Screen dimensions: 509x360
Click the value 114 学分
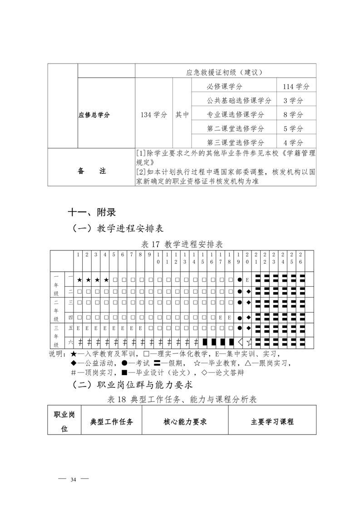(x=296, y=87)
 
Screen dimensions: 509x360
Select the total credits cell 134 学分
(x=154, y=115)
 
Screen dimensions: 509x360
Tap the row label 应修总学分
(x=94, y=115)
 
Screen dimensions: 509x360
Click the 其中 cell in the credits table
(x=182, y=115)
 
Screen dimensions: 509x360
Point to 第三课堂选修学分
(x=235, y=142)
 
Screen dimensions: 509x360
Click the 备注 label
(x=91, y=171)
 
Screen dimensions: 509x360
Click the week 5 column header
(x=114, y=254)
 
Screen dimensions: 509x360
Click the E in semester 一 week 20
(x=247, y=279)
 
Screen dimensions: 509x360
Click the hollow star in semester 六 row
(x=249, y=342)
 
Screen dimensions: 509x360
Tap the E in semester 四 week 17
(x=221, y=317)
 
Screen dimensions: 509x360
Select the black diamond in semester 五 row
(x=248, y=328)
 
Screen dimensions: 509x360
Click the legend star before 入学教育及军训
(x=74, y=354)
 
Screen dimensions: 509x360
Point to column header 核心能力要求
(x=185, y=421)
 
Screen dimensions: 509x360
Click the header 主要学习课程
(x=272, y=421)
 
